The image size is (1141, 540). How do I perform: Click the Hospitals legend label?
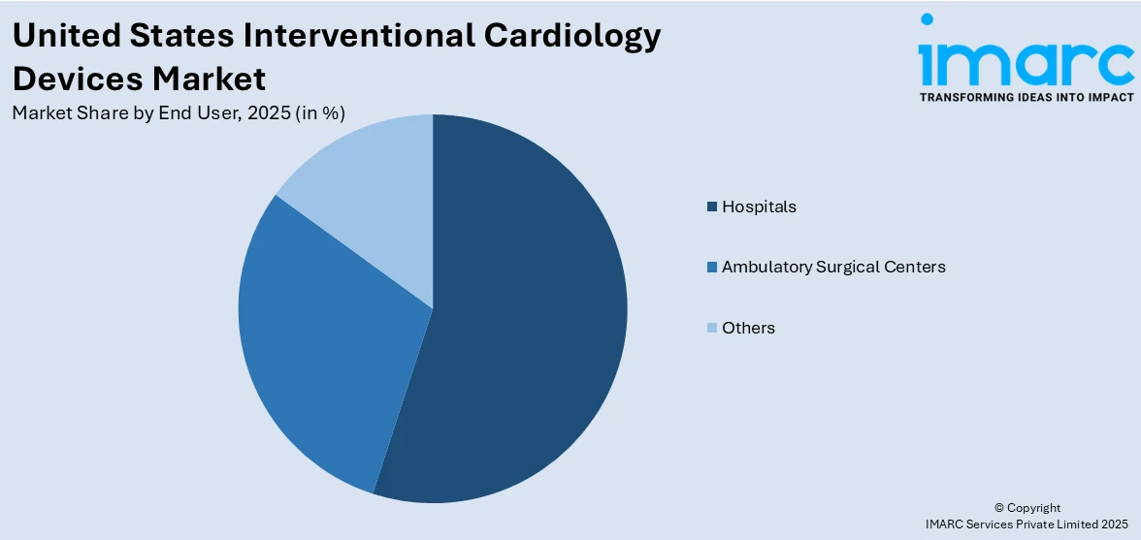coord(759,206)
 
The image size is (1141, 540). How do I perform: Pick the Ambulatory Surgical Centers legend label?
coord(833,267)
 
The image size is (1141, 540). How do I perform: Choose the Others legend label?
coord(748,328)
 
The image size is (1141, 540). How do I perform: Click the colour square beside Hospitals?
coord(712,206)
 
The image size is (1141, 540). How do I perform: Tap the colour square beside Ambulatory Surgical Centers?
coord(712,267)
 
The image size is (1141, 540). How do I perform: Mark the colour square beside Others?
coord(712,328)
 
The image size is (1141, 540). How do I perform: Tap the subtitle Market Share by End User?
coord(127,112)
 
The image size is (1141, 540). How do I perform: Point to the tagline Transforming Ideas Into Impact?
coord(1027,97)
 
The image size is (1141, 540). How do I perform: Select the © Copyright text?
coord(1027,508)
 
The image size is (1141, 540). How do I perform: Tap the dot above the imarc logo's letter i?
coord(927,18)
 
